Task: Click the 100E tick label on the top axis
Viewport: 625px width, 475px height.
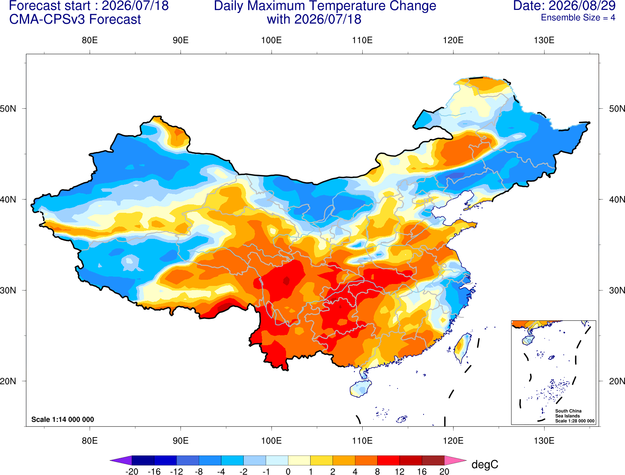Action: coord(272,40)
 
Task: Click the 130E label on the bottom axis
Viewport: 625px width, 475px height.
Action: coord(544,441)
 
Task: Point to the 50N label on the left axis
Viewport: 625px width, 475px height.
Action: coord(8,108)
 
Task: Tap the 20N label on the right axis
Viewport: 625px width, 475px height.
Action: coord(617,381)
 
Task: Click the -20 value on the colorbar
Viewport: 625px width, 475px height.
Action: coord(132,472)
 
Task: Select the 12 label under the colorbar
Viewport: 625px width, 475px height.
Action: coord(399,472)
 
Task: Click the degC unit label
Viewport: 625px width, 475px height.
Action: coord(484,464)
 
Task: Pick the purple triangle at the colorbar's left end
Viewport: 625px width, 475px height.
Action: coord(121,460)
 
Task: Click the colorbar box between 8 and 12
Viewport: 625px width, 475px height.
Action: coord(388,460)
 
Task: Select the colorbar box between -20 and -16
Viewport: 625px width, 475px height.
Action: coord(143,460)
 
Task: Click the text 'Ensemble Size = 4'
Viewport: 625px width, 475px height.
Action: coord(578,18)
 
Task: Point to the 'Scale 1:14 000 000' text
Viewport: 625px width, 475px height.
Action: coord(63,419)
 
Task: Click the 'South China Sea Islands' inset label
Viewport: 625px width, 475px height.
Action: coord(568,413)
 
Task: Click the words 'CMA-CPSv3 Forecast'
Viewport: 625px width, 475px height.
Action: coord(75,20)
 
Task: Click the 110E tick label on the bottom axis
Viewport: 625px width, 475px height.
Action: coord(362,441)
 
